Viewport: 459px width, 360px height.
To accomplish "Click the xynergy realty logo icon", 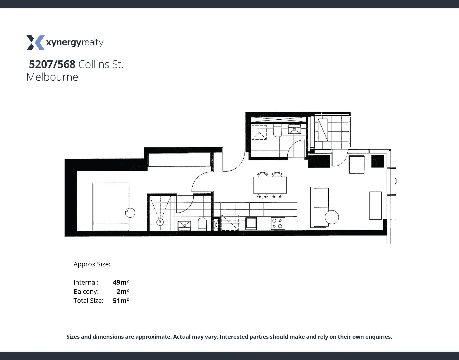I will pos(35,43).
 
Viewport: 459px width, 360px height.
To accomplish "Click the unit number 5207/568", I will pos(52,64).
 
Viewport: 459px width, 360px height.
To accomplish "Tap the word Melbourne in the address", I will pos(52,77).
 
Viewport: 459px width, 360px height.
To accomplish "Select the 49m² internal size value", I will pos(121,282).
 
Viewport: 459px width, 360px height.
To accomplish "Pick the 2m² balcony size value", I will pos(122,291).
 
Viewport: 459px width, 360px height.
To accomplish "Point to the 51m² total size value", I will pos(121,300).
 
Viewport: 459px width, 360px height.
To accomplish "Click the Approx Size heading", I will pos(92,264).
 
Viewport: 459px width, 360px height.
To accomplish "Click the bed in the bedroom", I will pos(111,207).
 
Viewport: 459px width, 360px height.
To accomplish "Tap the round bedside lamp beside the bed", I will pos(130,212).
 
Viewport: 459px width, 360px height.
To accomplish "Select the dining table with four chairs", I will pos(270,185).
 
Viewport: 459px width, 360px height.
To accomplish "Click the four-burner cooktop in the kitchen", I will pos(277,223).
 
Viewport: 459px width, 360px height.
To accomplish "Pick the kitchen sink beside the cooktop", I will pos(251,223).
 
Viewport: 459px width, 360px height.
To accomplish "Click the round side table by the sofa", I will pos(332,217).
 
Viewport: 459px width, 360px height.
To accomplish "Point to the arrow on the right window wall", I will pos(395,181).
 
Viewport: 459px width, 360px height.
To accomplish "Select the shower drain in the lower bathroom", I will pos(160,221).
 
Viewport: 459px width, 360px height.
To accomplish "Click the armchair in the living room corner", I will pos(357,165).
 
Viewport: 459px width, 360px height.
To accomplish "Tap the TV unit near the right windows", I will pos(375,205).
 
